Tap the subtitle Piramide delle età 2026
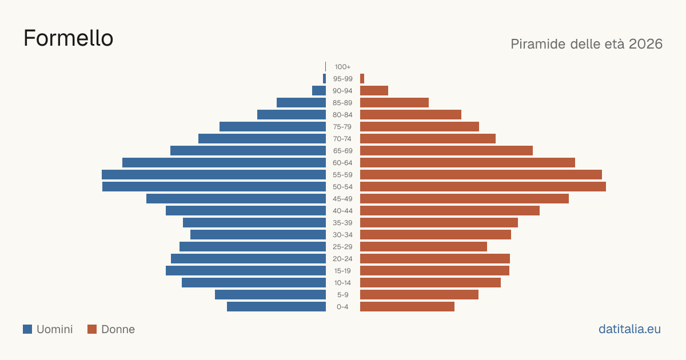point(587,44)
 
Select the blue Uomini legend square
point(27,329)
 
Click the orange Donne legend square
point(92,329)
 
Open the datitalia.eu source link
point(629,329)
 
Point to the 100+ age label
point(342,67)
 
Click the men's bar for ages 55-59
point(214,174)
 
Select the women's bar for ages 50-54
point(483,187)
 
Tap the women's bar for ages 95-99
point(362,79)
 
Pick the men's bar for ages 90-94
point(319,91)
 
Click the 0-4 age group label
point(342,307)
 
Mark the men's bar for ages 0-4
point(276,307)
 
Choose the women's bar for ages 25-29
point(424,247)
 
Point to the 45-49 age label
point(342,199)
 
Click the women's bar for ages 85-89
point(394,102)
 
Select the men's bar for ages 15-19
point(246,271)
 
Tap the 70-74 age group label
point(342,139)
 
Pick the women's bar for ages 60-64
point(468,162)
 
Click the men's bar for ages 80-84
point(292,114)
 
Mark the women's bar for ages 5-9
point(419,294)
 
